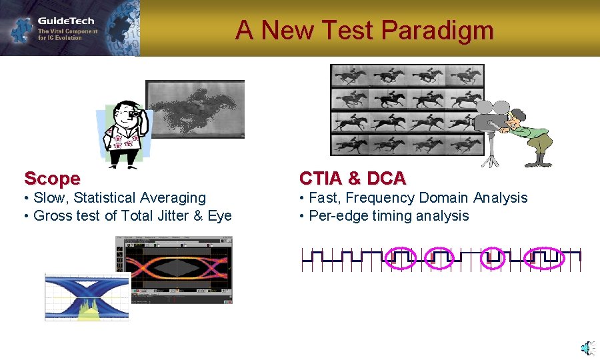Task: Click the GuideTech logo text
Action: (65, 21)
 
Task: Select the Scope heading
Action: (52, 179)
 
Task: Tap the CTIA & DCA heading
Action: (352, 179)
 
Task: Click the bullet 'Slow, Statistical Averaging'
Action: (119, 198)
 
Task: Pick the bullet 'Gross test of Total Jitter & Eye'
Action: (132, 216)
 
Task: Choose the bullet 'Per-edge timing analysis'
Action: (389, 216)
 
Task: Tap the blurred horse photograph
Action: (195, 109)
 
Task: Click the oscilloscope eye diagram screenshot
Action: (174, 270)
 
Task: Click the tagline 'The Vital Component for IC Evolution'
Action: (67, 35)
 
